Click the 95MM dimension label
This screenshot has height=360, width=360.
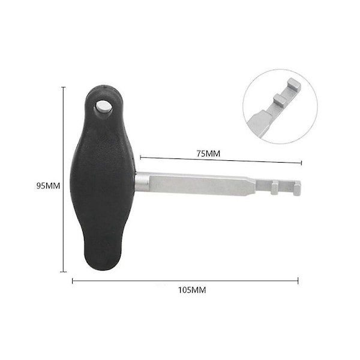(48, 185)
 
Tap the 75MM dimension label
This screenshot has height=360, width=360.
(208, 154)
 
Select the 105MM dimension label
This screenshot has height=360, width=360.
(192, 290)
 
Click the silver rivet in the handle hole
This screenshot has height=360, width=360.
(103, 107)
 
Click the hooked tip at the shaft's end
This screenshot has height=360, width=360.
(297, 188)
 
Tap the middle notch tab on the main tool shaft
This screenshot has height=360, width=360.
(274, 188)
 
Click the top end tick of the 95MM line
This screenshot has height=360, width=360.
(64, 87)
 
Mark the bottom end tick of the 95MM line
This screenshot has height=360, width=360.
(64, 272)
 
